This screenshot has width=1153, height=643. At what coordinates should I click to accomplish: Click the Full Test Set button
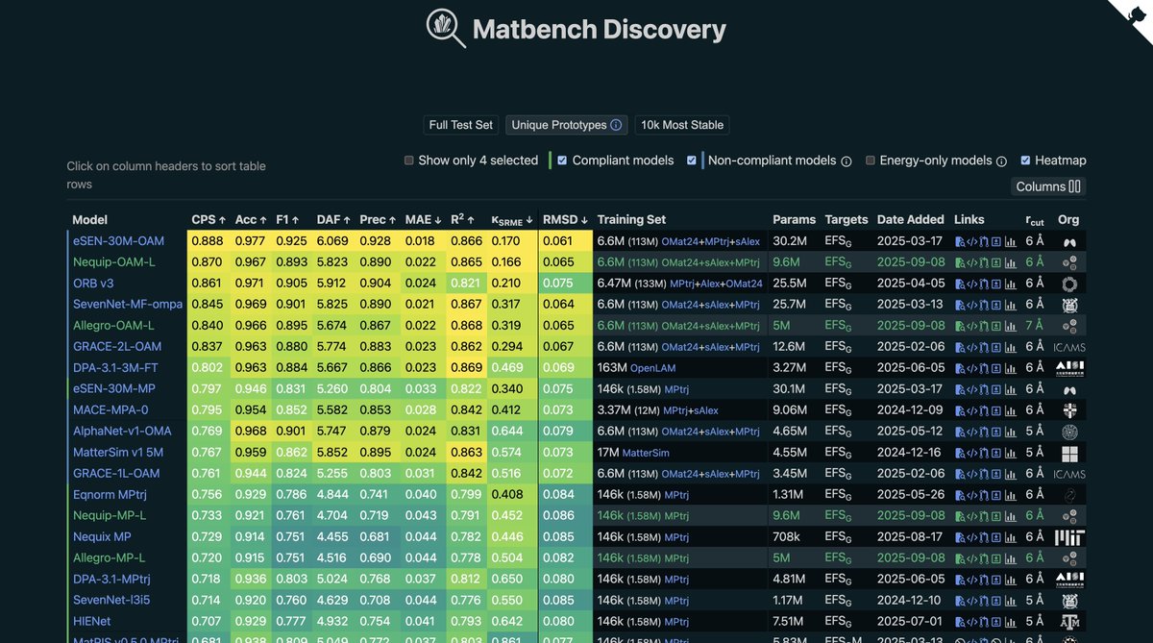click(x=461, y=125)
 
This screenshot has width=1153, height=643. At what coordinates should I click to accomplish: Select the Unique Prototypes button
click(x=566, y=125)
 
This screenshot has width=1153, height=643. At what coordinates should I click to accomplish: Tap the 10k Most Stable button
click(x=682, y=125)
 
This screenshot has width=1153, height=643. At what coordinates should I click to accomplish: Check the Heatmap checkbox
click(x=1026, y=161)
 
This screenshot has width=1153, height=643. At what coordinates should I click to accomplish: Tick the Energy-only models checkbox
click(x=871, y=161)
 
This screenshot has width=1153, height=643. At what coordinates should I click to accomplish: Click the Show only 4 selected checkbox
click(x=409, y=161)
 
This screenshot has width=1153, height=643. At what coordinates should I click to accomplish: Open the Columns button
click(x=1048, y=186)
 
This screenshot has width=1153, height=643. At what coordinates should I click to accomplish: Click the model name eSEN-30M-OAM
click(x=118, y=241)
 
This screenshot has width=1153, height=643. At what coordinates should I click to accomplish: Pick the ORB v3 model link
click(x=93, y=284)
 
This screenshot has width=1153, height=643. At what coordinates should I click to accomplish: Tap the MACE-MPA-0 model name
click(x=111, y=410)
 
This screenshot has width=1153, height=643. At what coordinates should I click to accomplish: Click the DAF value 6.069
click(x=332, y=241)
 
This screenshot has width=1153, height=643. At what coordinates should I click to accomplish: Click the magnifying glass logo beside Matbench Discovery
click(x=447, y=29)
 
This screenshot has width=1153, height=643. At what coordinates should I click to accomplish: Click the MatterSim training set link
click(x=646, y=453)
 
